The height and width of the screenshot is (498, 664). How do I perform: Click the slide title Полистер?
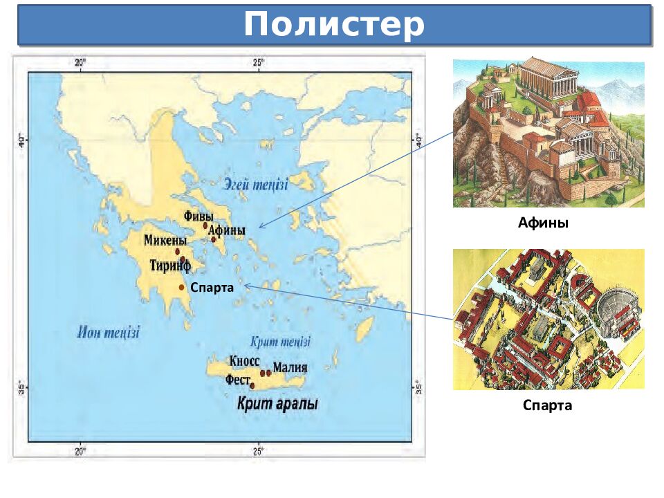[x=333, y=25]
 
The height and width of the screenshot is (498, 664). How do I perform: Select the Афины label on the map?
[x=227, y=231]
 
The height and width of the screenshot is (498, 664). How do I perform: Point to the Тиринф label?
[x=170, y=264]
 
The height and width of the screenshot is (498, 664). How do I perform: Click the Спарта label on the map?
[x=212, y=287]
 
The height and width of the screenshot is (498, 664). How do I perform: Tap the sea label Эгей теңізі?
[x=256, y=183]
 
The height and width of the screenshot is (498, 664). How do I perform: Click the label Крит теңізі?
[x=279, y=342]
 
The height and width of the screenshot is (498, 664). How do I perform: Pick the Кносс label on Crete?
[x=244, y=361]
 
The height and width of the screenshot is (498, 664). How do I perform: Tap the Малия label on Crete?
[x=290, y=367]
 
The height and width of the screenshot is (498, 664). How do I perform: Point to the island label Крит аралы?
[x=277, y=404]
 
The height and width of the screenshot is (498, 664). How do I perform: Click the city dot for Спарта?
[x=182, y=287]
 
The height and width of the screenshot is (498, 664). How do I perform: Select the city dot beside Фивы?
[x=205, y=225]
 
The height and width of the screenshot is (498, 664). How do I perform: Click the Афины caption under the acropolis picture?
[x=543, y=223]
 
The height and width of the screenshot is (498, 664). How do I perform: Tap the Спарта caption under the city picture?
[x=547, y=405]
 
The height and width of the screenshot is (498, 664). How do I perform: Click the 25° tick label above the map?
[x=258, y=63]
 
